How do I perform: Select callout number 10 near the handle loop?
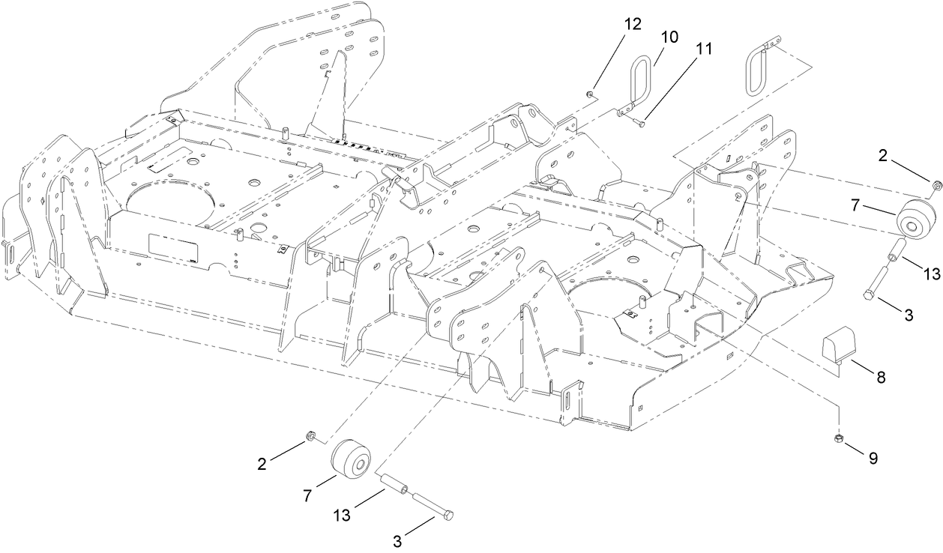[x=669, y=37]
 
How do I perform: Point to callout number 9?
[x=873, y=458]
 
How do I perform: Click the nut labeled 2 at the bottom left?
[x=310, y=436]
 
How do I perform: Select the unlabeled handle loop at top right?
[x=758, y=71]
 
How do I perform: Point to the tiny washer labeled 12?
[x=591, y=94]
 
